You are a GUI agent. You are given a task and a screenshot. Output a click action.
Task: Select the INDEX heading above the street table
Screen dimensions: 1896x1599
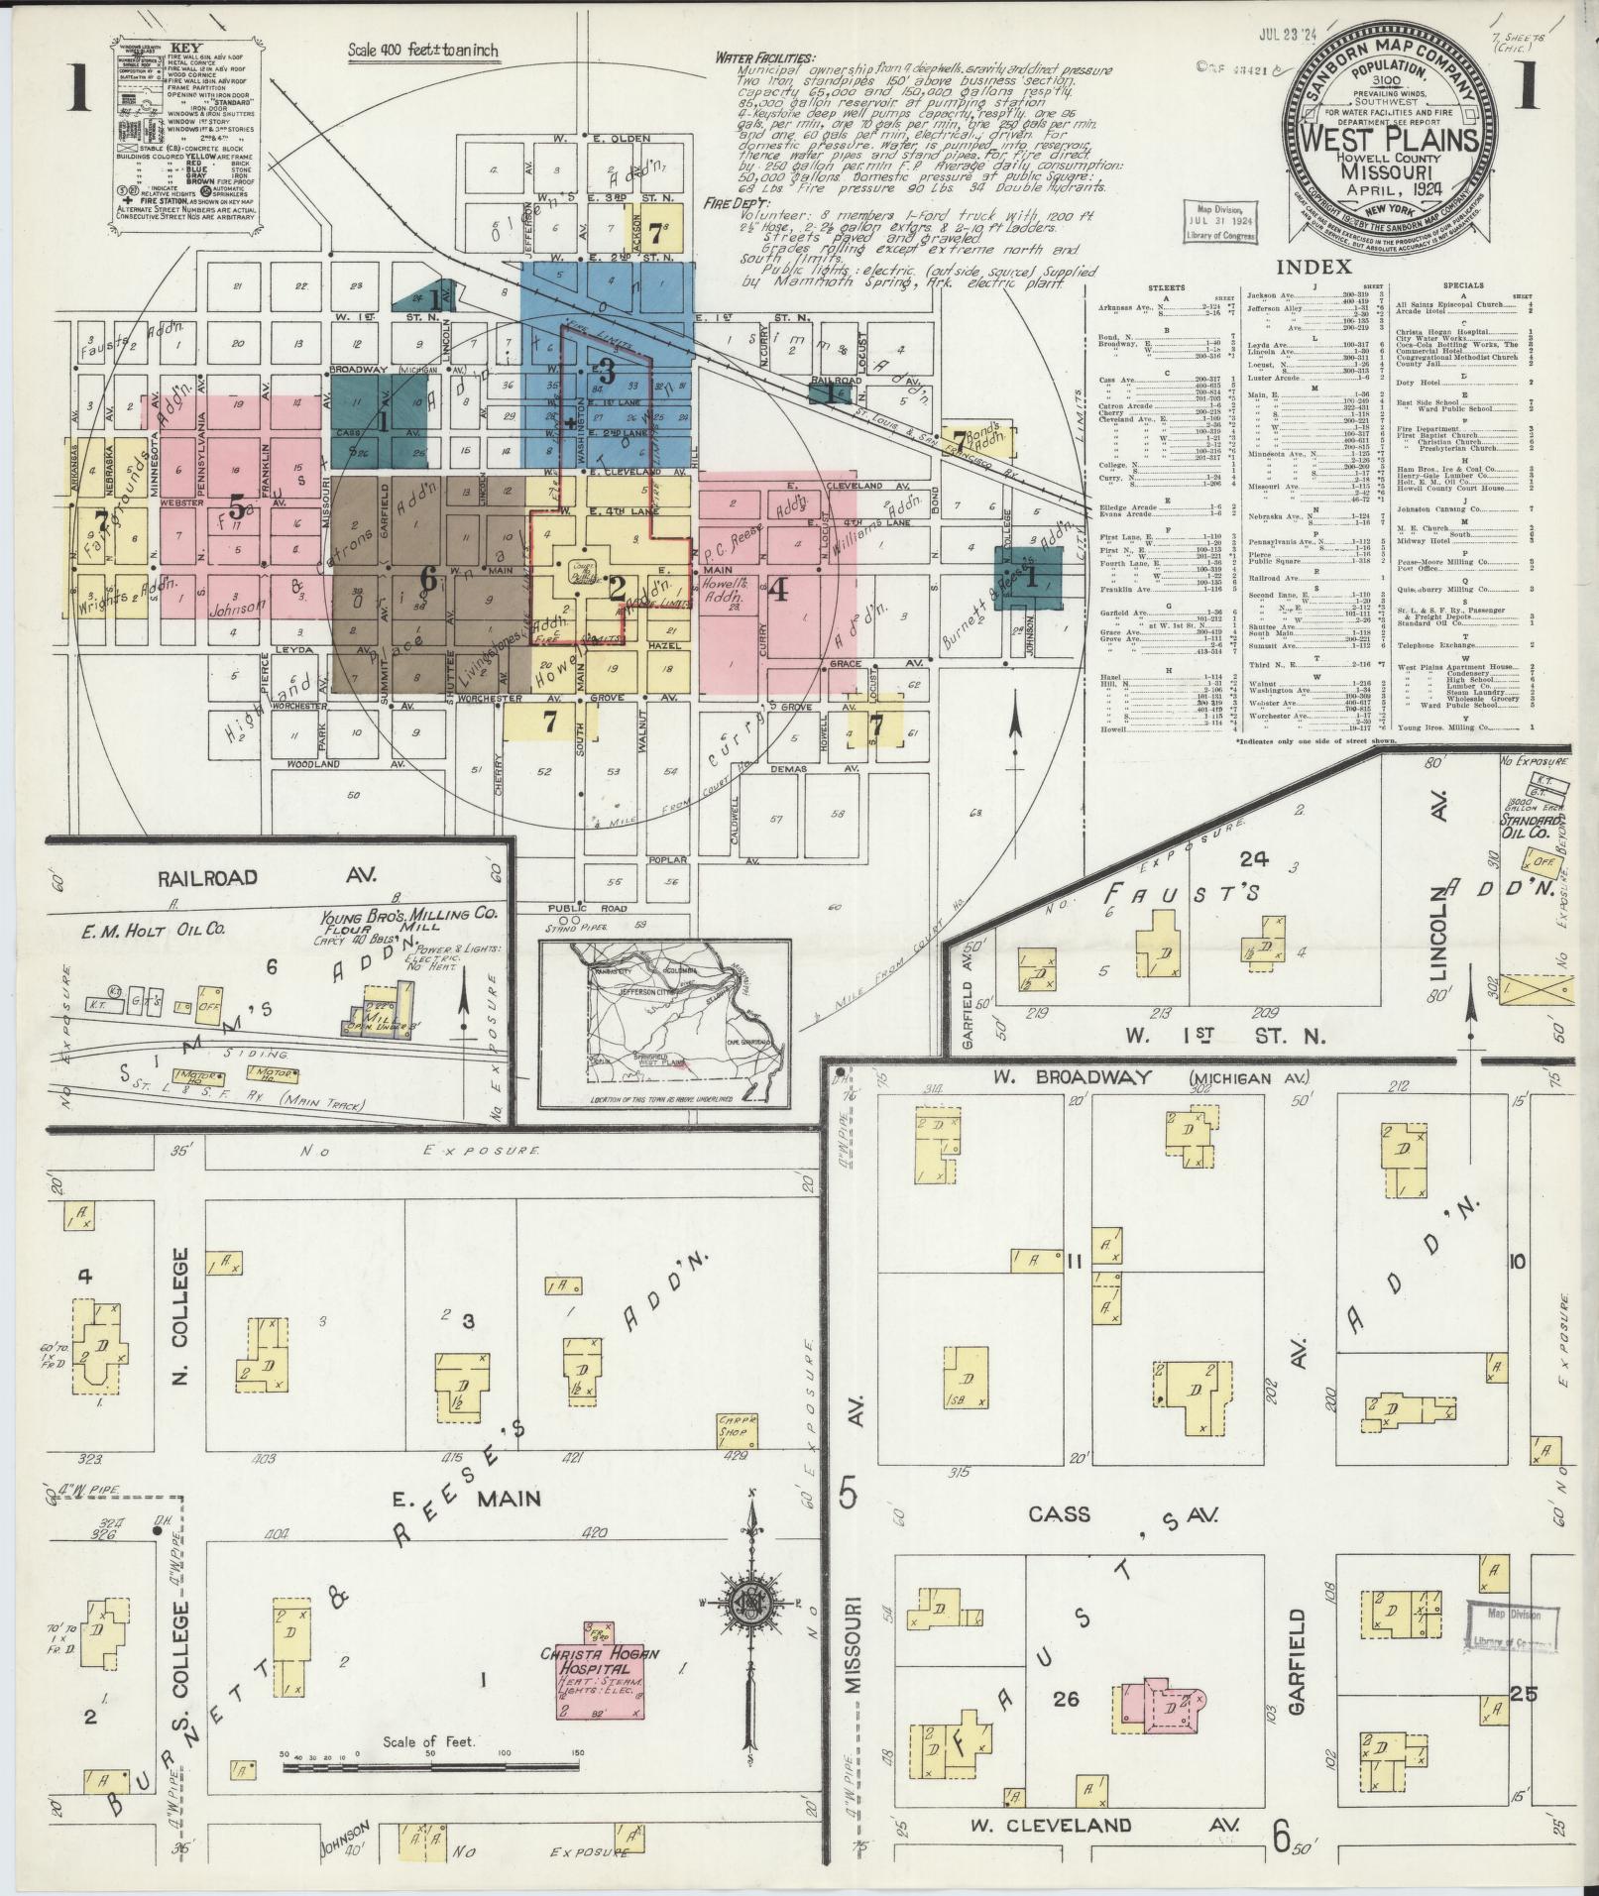(x=1313, y=267)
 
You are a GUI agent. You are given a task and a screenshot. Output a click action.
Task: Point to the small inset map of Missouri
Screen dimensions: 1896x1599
(x=664, y=1023)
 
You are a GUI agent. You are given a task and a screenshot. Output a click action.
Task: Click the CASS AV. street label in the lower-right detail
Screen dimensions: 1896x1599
(x=1121, y=1514)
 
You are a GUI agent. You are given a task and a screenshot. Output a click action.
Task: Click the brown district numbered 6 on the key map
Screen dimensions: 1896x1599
(x=428, y=577)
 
